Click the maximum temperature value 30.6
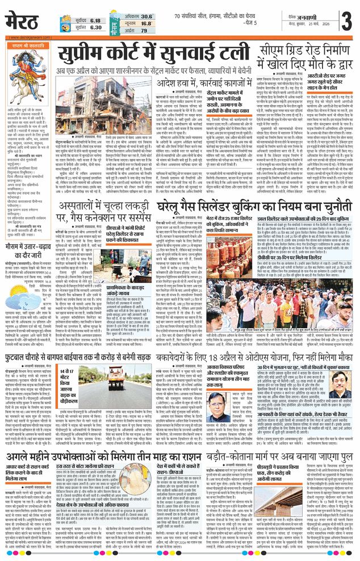click(146, 17)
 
